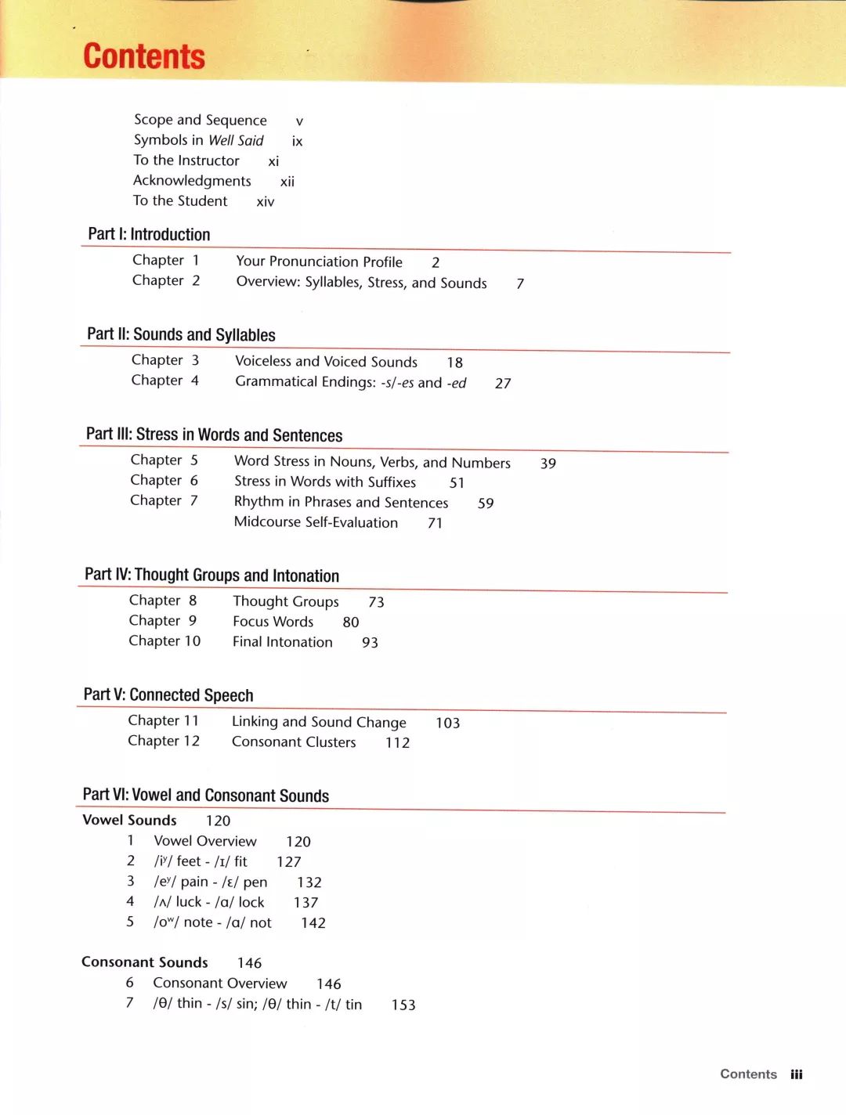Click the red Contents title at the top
[144, 57]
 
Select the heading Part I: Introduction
[149, 234]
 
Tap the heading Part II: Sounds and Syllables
[181, 334]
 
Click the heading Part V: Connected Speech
[168, 695]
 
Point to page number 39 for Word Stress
[548, 464]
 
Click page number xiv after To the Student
[266, 202]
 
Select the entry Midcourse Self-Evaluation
[316, 522]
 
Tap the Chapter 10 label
[164, 640]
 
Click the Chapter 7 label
[164, 500]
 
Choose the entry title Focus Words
[273, 622]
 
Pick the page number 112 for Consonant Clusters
[397, 742]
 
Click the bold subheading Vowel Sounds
[129, 820]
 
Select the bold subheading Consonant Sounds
[145, 962]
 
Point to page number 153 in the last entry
[403, 1005]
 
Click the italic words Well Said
[236, 140]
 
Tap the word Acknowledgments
[192, 181]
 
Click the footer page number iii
[797, 1074]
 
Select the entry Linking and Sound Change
[319, 722]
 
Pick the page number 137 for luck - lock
[305, 903]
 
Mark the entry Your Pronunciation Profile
[319, 262]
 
